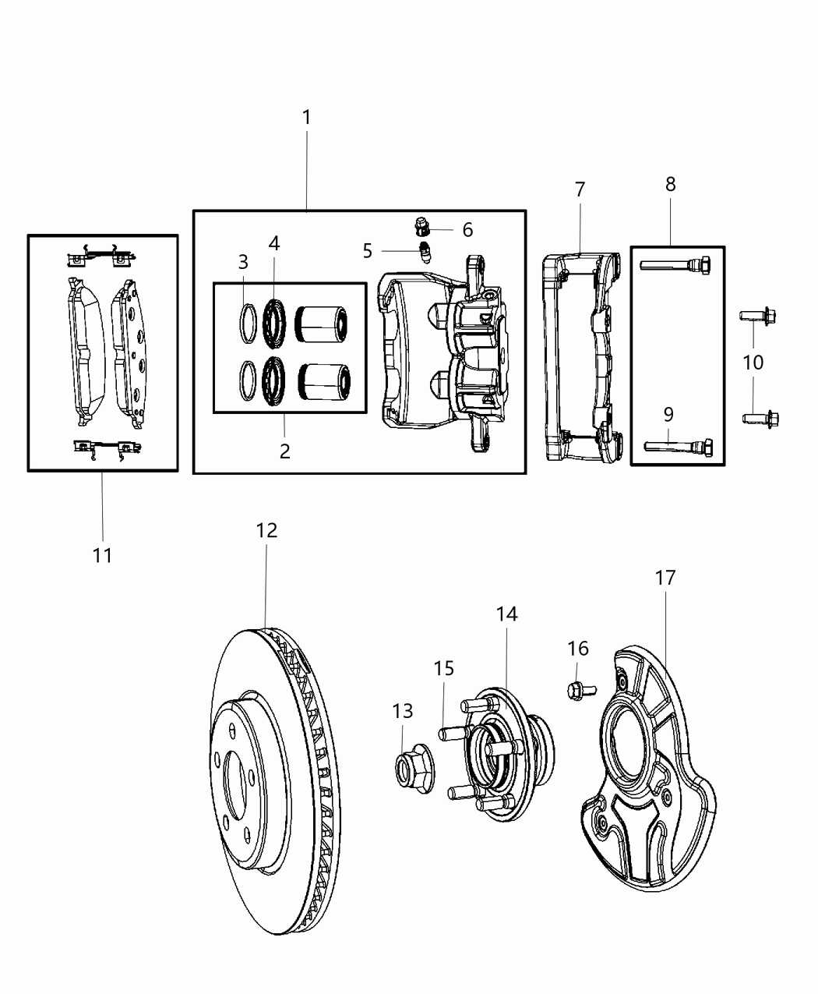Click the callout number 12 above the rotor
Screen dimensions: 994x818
(266, 531)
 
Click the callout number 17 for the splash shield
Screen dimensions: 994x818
(665, 578)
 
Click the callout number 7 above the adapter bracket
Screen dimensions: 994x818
(580, 189)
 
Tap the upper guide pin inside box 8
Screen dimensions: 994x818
(675, 265)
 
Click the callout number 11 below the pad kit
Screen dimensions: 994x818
(102, 556)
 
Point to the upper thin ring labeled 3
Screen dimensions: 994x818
(247, 320)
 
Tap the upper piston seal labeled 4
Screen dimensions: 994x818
(274, 320)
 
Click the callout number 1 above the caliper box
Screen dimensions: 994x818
(306, 118)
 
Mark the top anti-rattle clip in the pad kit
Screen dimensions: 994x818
(102, 254)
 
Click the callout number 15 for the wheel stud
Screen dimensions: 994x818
(443, 669)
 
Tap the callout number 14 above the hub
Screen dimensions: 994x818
(506, 614)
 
